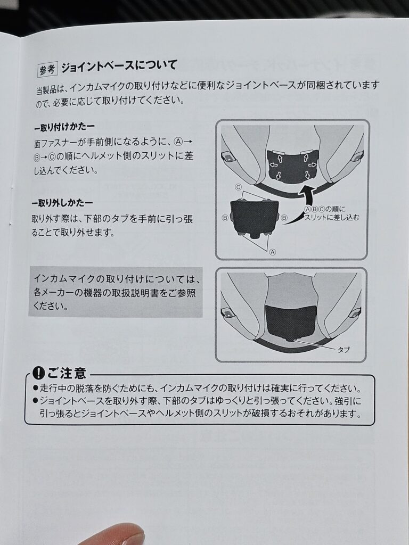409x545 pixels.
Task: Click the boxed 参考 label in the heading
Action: [x=47, y=70]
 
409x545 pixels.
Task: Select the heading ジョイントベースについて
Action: [x=119, y=66]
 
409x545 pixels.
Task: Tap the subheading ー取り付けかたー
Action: [x=64, y=127]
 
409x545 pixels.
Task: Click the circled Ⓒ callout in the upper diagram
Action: [x=238, y=187]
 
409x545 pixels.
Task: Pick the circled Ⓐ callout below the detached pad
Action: [x=273, y=252]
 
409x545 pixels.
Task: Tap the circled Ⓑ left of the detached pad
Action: [x=225, y=218]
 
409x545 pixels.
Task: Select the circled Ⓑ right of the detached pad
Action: [x=284, y=218]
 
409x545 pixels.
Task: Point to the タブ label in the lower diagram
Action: [x=343, y=350]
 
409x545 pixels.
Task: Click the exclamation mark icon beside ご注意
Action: [x=38, y=373]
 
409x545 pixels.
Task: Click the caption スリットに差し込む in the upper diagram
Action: [x=331, y=218]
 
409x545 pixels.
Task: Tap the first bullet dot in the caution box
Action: [x=36, y=387]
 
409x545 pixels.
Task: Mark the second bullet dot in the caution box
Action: [x=36, y=401]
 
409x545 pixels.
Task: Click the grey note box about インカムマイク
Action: [x=116, y=292]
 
